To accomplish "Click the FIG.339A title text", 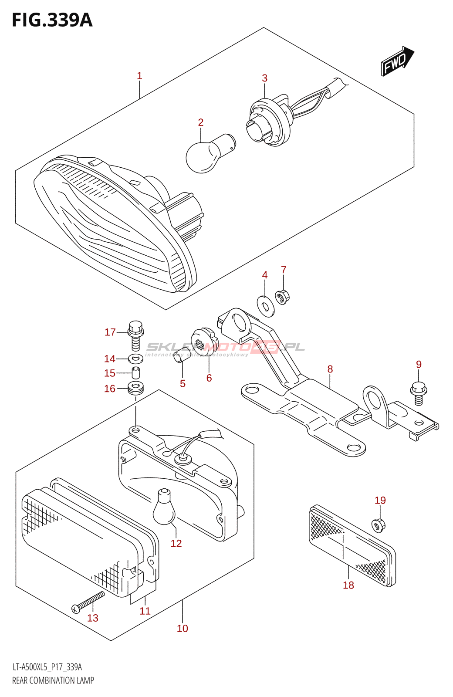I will (x=52, y=20).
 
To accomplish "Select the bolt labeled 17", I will (x=135, y=335).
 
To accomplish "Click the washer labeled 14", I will (x=135, y=359).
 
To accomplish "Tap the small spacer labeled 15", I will (x=135, y=373).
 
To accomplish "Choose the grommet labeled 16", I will (x=135, y=387).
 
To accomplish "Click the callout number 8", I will (x=330, y=369).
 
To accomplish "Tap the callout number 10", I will (x=183, y=628).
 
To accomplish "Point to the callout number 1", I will (x=139, y=76).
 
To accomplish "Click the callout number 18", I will (x=348, y=585).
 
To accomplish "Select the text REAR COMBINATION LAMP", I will (x=53, y=680).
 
